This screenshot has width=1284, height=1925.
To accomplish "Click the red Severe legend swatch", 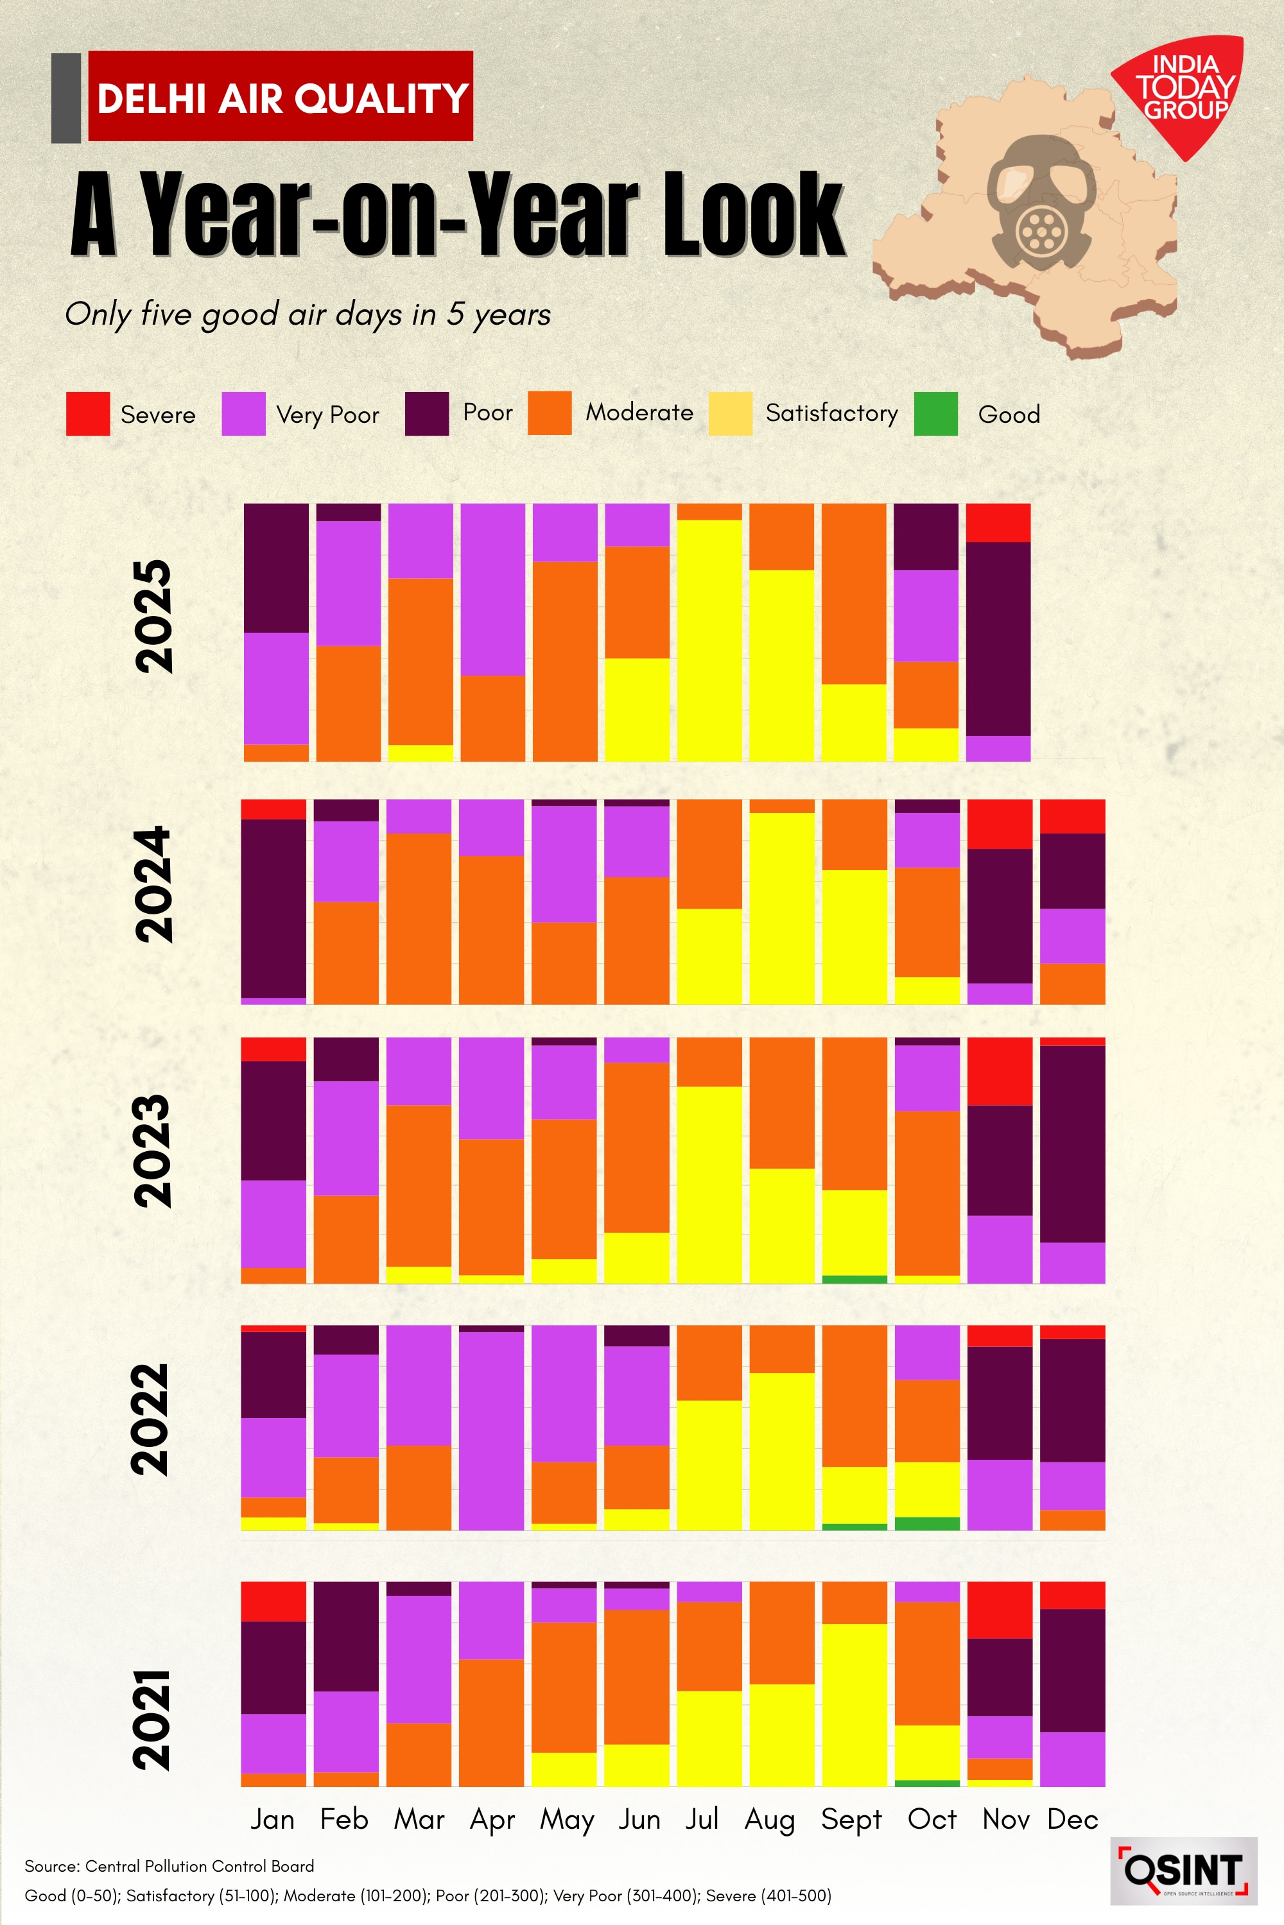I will (x=87, y=413).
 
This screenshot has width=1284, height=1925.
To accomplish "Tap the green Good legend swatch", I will (x=935, y=413).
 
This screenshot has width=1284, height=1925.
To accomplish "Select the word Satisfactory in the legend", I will (x=831, y=413).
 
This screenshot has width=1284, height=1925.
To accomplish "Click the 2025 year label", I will (x=154, y=616).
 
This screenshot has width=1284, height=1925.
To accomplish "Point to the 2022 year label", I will (x=152, y=1420).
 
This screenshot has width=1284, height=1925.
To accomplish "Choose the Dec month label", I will (x=1072, y=1819).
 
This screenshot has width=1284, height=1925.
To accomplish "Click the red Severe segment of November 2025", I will (x=998, y=523).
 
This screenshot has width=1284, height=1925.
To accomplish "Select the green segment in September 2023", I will (x=854, y=1279).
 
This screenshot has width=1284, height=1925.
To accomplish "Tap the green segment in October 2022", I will (x=927, y=1523).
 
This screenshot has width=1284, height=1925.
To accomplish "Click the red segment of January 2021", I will (x=273, y=1601).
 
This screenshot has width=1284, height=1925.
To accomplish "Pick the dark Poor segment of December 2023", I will (x=1072, y=1144).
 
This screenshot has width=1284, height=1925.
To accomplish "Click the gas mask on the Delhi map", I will (x=1039, y=205).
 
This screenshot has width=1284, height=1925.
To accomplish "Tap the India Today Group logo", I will (x=1183, y=90).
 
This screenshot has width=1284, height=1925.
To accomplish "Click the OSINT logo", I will (x=1183, y=1871).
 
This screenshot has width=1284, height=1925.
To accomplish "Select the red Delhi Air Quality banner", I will (x=280, y=97).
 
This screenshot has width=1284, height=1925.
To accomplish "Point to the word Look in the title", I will (x=752, y=214).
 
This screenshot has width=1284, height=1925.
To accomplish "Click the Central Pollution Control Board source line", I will (x=169, y=1866).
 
